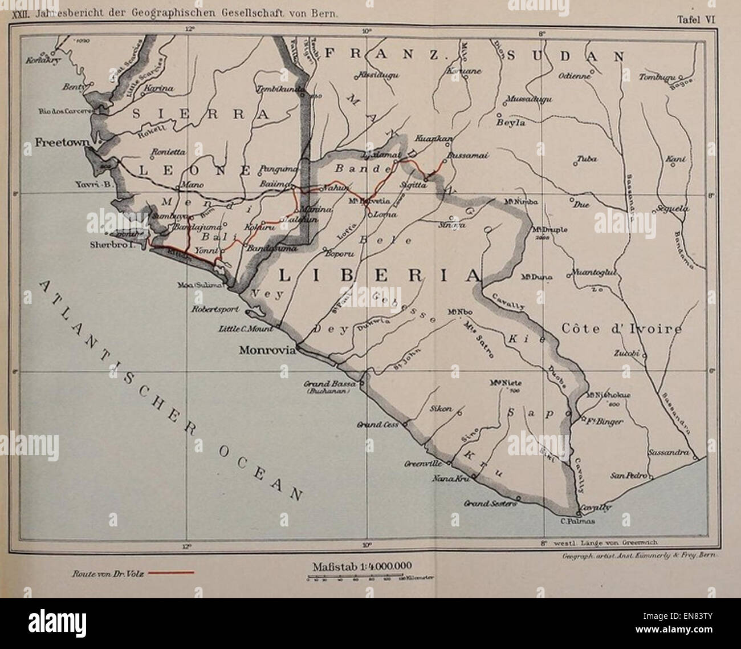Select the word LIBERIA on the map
pyautogui.click(x=378, y=276)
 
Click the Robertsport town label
pyautogui.click(x=217, y=313)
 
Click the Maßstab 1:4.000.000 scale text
pyautogui.click(x=362, y=566)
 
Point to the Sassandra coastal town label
pyautogui.click(x=667, y=453)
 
